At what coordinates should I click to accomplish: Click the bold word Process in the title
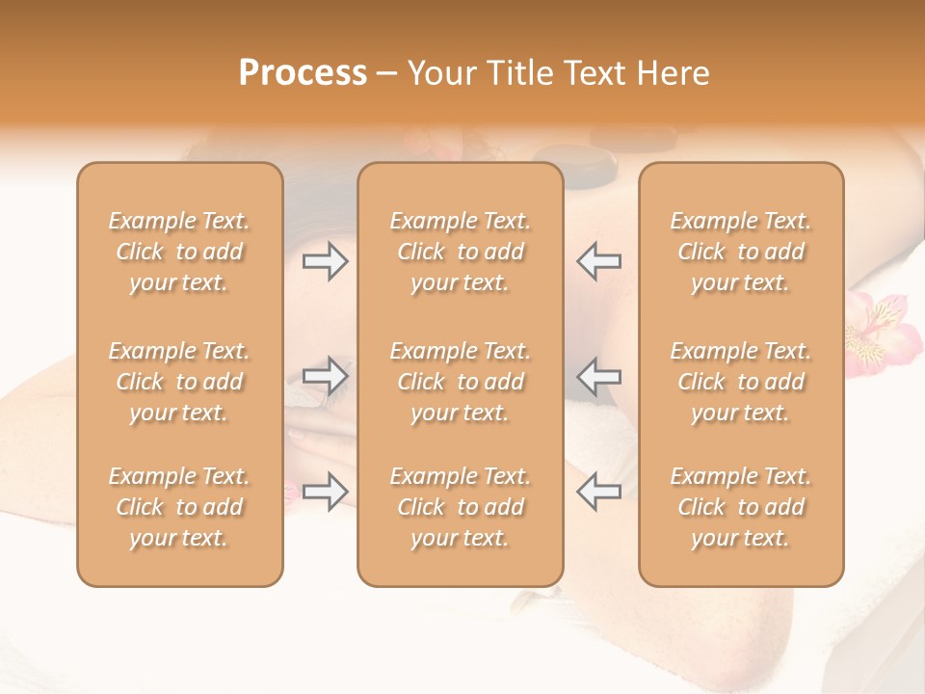coord(303,73)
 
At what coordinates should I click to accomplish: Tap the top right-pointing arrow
coord(325,261)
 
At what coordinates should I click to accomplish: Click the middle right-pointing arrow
coord(325,375)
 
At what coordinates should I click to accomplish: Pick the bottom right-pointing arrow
coord(325,492)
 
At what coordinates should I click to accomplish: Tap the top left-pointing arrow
coord(598,261)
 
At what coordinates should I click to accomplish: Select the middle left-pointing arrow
coord(598,375)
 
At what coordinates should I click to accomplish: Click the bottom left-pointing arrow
coord(598,492)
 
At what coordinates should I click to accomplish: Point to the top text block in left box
coord(179,252)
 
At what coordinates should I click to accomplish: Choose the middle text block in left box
coord(179,382)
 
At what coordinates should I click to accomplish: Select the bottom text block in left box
coord(179,507)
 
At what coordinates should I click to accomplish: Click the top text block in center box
coord(460,252)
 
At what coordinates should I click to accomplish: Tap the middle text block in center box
coord(460,382)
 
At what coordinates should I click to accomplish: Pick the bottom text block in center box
coord(460,507)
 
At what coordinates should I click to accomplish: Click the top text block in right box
coord(740,252)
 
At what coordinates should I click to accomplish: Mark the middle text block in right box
coord(740,382)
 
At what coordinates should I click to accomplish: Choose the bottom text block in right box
coord(740,507)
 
